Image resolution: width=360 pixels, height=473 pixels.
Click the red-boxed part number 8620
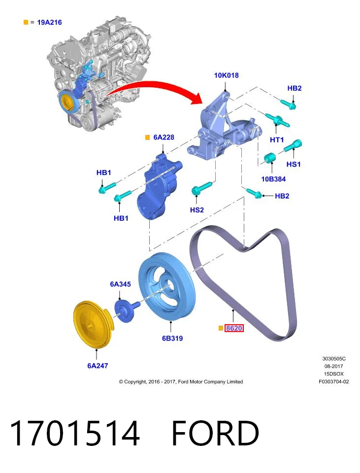point(234,328)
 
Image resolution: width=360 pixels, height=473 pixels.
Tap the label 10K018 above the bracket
point(226,75)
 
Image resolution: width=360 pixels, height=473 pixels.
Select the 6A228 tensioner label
point(164,137)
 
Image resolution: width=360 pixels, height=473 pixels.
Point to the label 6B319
point(172,338)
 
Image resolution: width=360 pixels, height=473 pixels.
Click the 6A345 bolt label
point(120,284)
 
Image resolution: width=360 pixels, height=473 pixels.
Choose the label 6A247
point(98,366)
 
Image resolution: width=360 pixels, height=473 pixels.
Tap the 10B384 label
point(273,179)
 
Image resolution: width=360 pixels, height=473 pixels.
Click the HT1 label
point(277,139)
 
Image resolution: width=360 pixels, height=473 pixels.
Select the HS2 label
point(197,210)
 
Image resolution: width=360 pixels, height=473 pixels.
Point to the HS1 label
point(294,164)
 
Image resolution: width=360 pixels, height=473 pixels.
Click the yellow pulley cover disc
point(93,324)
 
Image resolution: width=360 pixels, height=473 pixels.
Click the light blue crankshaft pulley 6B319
point(167,287)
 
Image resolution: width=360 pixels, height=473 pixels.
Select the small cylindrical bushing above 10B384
point(270,158)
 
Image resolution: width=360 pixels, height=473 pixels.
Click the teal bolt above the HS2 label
point(202,188)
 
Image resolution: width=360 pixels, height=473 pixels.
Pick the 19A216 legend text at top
point(49,22)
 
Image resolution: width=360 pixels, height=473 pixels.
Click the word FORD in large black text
point(215,433)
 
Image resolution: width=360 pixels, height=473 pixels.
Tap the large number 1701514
point(75,433)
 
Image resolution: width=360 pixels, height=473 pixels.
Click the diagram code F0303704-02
point(334,381)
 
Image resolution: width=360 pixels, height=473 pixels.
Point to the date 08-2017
point(334,366)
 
